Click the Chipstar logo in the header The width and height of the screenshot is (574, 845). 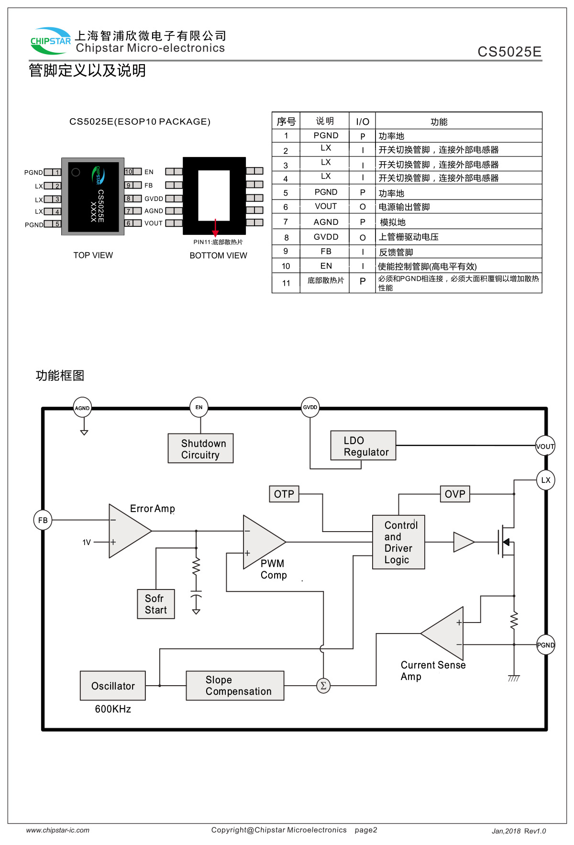50,41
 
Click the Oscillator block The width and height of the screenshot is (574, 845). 113,686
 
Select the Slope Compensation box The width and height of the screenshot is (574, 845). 235,686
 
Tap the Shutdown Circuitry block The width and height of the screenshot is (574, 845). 200,448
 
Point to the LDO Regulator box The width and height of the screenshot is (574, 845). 363,445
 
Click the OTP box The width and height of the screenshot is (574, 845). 284,494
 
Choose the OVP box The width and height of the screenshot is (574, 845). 454,494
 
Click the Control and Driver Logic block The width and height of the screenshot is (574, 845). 398,542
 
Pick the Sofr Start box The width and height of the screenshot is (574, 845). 156,604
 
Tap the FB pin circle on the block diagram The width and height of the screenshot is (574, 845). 43,520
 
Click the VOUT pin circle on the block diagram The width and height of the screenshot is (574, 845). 545,446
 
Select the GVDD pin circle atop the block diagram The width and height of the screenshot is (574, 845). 310,407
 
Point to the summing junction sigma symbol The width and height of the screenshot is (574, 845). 323,686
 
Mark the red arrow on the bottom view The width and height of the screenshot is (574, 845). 215,228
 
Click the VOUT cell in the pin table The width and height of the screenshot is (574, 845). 326,206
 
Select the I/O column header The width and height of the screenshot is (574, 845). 363,122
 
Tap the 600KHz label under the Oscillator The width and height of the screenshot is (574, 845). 113,709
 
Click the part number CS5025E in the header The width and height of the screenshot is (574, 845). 509,52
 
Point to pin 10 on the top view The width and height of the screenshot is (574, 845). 129,172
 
